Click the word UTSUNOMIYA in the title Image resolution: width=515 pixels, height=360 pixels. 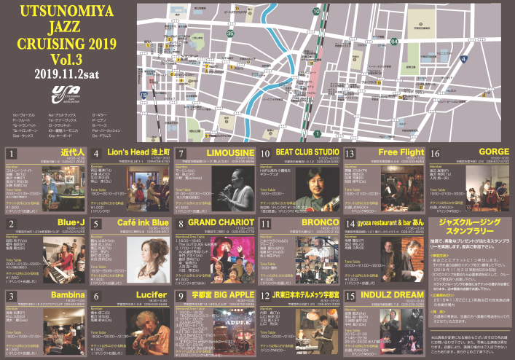(x=68, y=12)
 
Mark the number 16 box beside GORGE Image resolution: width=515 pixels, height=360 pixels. (x=436, y=152)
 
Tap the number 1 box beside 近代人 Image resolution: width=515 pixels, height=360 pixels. (x=12, y=152)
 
